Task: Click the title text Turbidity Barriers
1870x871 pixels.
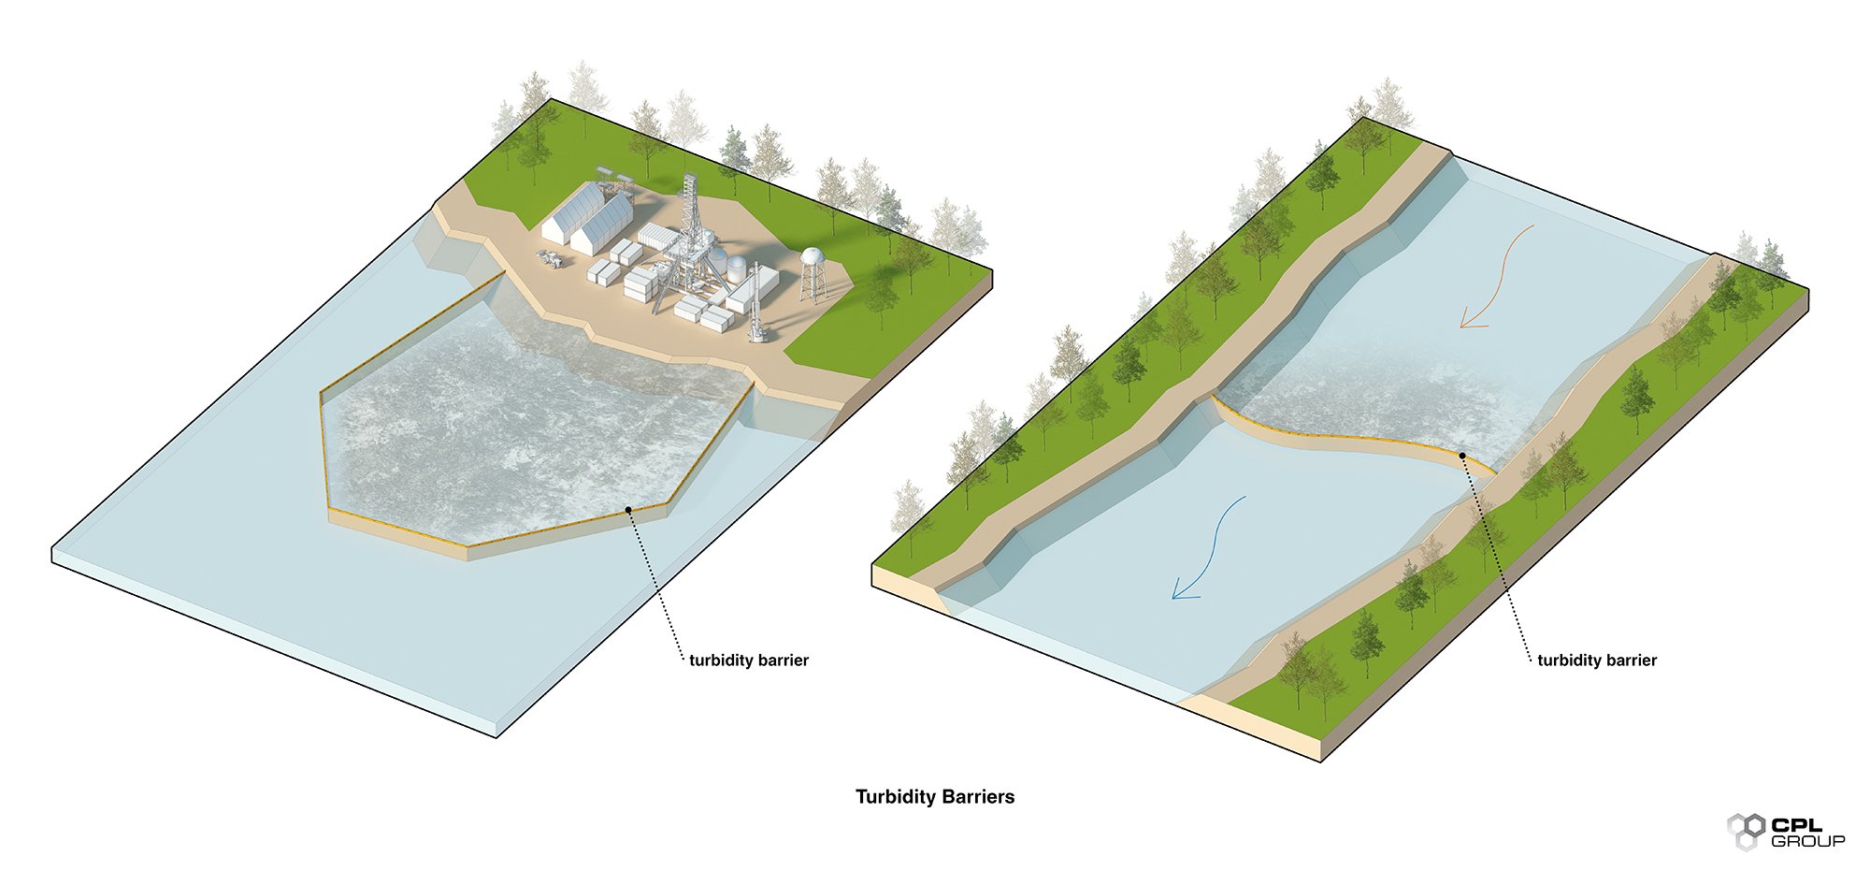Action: pyautogui.click(x=934, y=797)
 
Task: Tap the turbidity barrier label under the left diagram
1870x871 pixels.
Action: pyautogui.click(x=748, y=661)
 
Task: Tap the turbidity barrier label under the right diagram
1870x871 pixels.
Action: pyautogui.click(x=1596, y=661)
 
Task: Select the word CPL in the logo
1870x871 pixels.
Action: pyautogui.click(x=1796, y=824)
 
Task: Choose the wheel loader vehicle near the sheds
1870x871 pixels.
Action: pyautogui.click(x=551, y=259)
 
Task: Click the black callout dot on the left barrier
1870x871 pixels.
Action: pyautogui.click(x=629, y=509)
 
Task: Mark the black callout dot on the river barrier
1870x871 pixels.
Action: pyautogui.click(x=1462, y=455)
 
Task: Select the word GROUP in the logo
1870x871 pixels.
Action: pyautogui.click(x=1807, y=841)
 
